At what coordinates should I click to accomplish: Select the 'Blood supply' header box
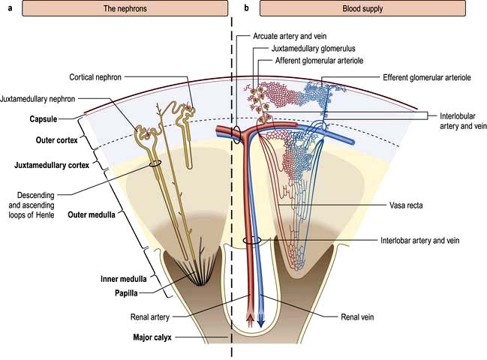(x=369, y=9)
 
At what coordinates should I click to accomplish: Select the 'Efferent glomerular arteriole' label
(x=429, y=77)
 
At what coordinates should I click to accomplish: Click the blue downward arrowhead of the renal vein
(x=260, y=322)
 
